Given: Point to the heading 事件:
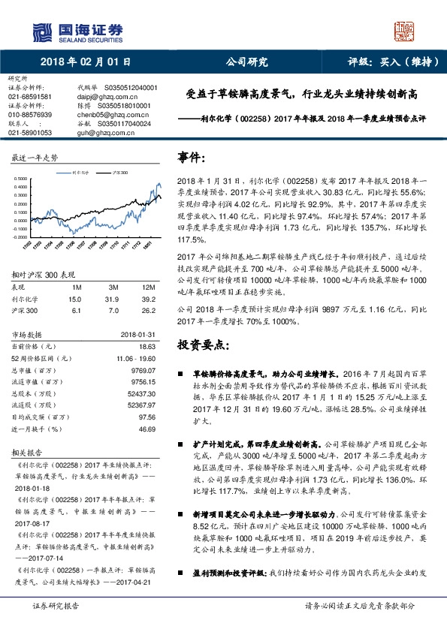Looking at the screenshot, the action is click(192, 158).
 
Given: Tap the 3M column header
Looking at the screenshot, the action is click(115, 287).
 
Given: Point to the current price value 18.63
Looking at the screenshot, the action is click(146, 346).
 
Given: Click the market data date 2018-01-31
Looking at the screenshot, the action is click(137, 334).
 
